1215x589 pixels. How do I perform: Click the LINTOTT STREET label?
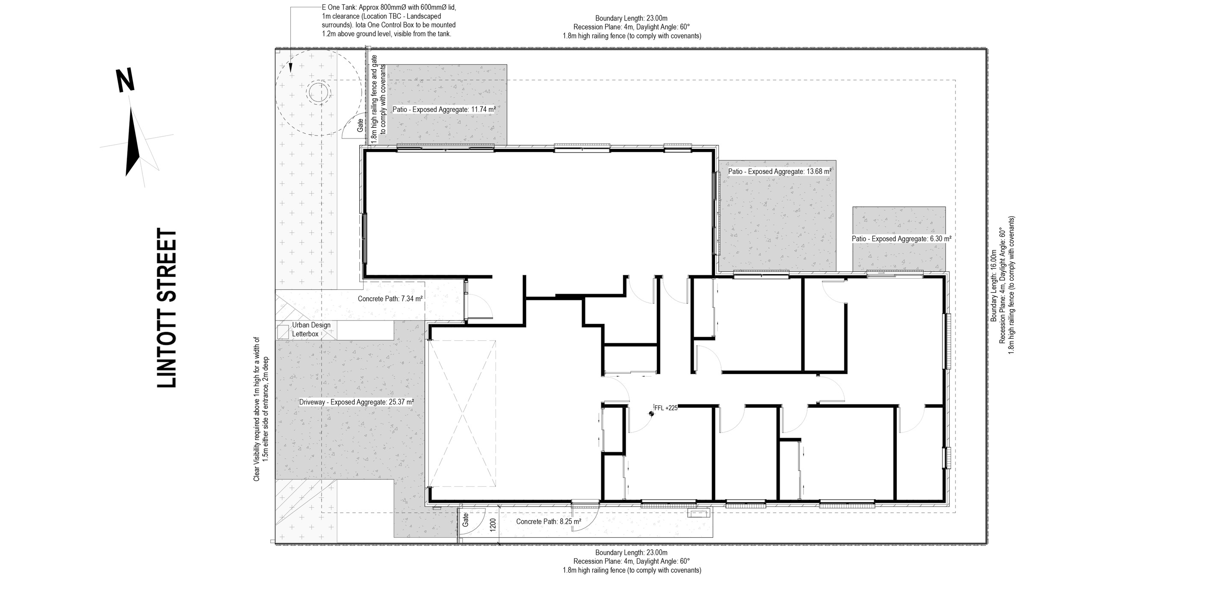tap(166, 309)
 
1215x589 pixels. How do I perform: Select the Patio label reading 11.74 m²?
tap(444, 109)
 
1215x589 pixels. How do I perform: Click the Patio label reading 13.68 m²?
tap(779, 172)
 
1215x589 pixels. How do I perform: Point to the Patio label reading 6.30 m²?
tap(901, 239)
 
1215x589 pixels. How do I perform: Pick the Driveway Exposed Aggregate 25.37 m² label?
tap(356, 402)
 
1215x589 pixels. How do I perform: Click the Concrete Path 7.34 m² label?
tap(390, 298)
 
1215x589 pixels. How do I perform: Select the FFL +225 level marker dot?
tap(651, 414)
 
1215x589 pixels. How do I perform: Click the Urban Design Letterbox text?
tap(311, 329)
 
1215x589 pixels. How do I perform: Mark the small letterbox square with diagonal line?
tap(283, 332)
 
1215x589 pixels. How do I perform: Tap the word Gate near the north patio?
tap(361, 125)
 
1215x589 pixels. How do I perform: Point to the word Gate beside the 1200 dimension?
tap(466, 520)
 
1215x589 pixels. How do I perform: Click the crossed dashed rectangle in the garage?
tap(462, 414)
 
